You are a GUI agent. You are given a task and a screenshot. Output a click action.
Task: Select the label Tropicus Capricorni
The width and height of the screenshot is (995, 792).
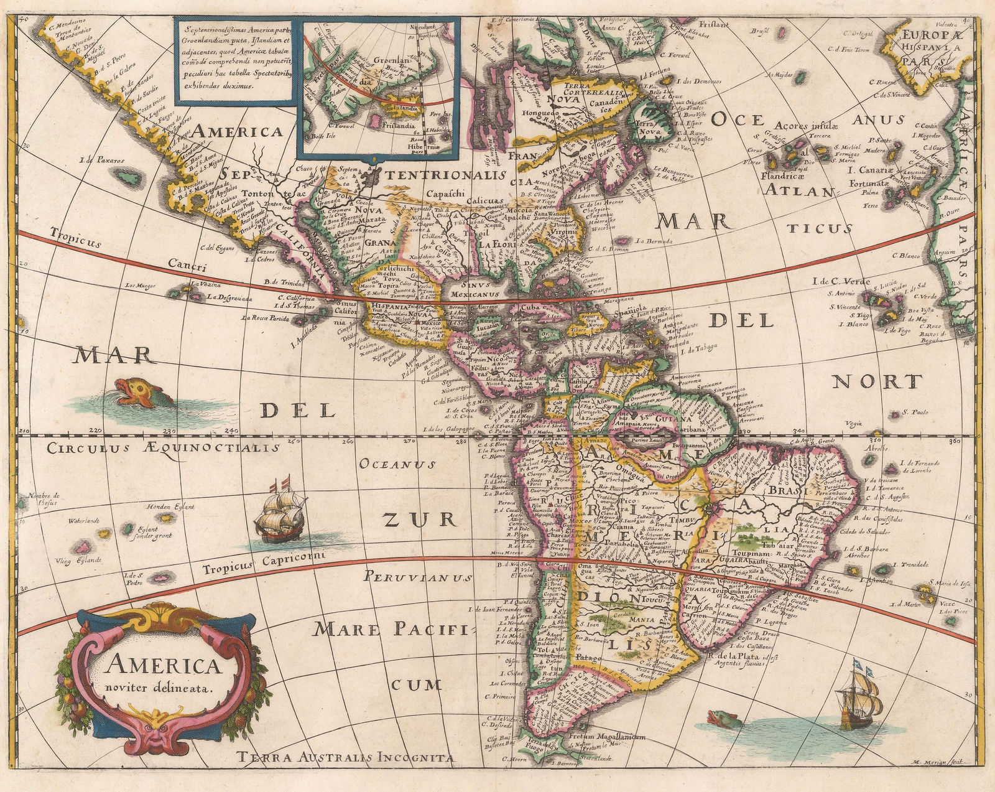[x=262, y=561]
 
